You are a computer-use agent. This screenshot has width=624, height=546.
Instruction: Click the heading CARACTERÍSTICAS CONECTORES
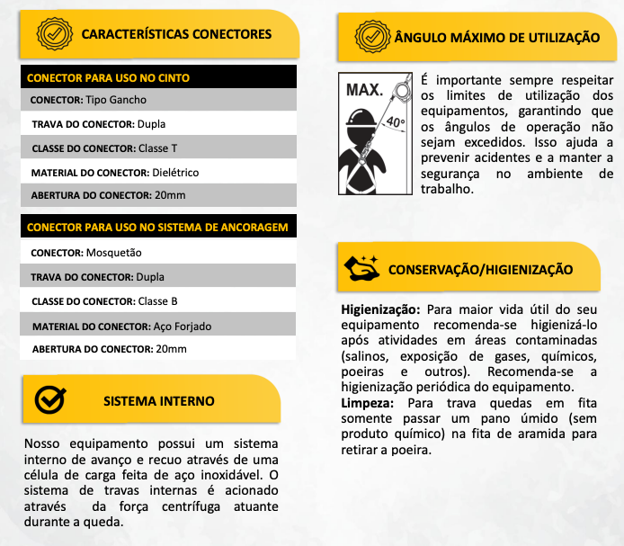tap(176, 34)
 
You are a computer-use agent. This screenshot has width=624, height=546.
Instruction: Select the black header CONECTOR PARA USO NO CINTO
tap(109, 77)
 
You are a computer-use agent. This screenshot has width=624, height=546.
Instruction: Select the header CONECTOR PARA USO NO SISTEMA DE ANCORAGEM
tap(158, 228)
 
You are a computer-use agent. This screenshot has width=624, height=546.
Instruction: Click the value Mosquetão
tap(114, 253)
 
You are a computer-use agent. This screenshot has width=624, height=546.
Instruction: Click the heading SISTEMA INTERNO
tap(159, 400)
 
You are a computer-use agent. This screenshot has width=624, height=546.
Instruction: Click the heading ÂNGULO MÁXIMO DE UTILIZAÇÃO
tap(497, 38)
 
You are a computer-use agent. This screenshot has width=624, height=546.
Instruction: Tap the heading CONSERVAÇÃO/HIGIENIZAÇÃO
tap(480, 269)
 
